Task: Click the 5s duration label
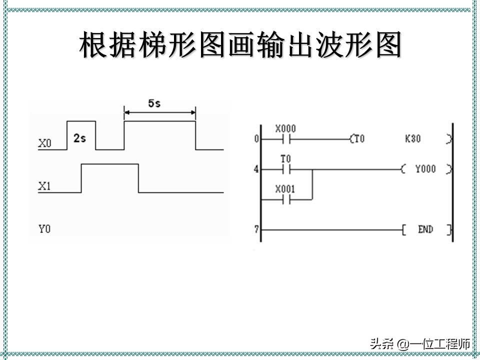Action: pos(154,103)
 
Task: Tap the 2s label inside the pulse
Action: pos(79,138)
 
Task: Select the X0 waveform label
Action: pos(44,143)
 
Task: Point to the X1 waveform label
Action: pos(44,186)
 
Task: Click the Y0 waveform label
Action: pos(44,229)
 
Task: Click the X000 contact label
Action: pos(285,128)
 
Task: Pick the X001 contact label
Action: pos(285,189)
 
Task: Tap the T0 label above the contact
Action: pos(285,159)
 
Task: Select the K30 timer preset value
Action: pos(412,138)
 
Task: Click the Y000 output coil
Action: pos(425,168)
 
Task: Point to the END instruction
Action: pos(425,229)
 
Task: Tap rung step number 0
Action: pos(256,139)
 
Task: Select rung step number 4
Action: pos(256,169)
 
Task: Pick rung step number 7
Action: pos(256,229)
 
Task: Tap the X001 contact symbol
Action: pos(285,200)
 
